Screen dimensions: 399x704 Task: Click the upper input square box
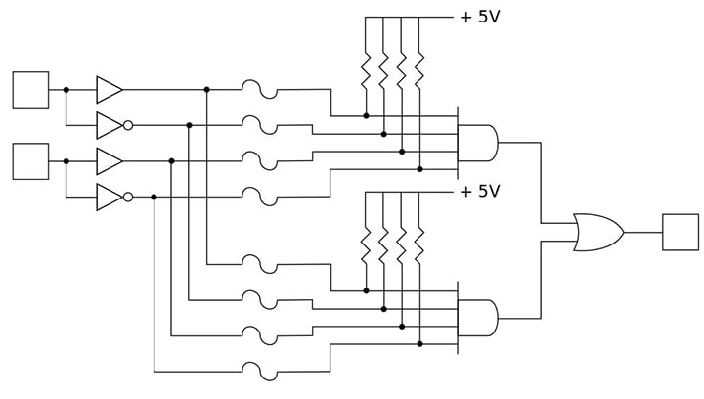(30, 89)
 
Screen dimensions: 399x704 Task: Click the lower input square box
(30, 161)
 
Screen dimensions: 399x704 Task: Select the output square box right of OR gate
(680, 232)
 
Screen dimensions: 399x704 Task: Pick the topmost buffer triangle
(109, 90)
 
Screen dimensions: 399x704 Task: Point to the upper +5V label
(479, 17)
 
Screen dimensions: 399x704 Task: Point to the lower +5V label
(479, 192)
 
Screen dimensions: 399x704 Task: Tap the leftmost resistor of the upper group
(366, 70)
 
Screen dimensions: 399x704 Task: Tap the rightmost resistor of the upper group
(419, 70)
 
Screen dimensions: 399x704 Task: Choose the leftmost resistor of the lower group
(366, 244)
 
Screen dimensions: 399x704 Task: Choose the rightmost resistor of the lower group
(419, 244)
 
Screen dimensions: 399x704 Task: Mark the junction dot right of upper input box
(66, 90)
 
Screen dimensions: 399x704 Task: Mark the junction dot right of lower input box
(66, 161)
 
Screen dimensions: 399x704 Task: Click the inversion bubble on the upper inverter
(128, 125)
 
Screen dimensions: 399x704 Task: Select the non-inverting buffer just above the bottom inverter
(109, 161)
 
